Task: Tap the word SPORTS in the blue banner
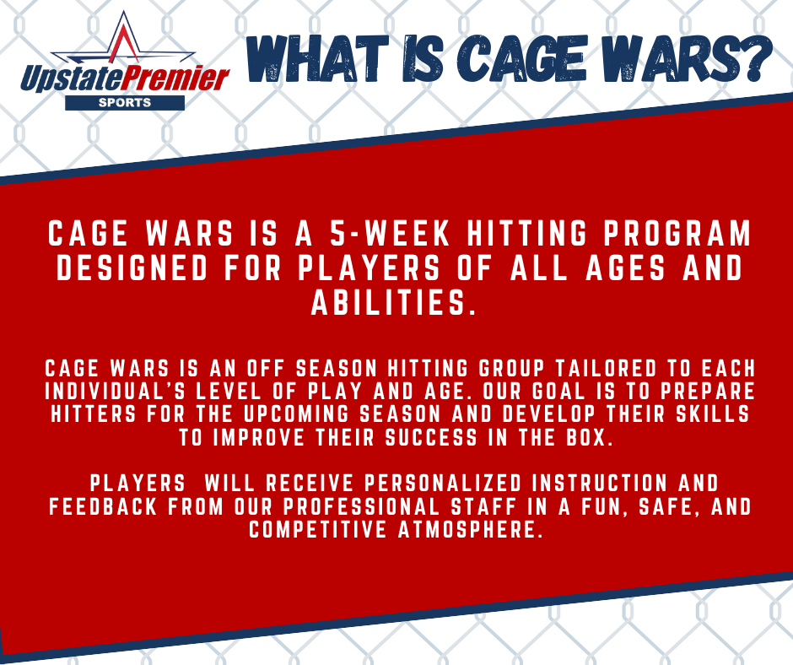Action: click(x=124, y=103)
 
